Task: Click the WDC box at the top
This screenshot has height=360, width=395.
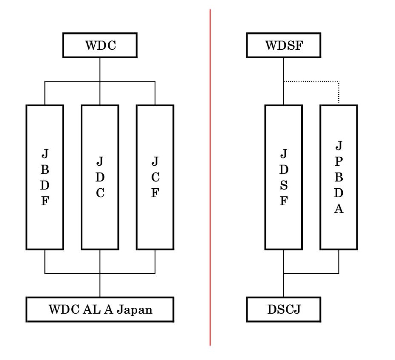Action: pyautogui.click(x=100, y=45)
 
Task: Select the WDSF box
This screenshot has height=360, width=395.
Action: pyautogui.click(x=283, y=45)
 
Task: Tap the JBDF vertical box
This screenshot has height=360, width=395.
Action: pyautogui.click(x=45, y=177)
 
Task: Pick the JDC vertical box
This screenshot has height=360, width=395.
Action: pyautogui.click(x=100, y=177)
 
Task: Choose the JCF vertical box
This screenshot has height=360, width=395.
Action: pyautogui.click(x=155, y=177)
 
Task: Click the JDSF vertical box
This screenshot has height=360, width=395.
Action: pyautogui.click(x=283, y=177)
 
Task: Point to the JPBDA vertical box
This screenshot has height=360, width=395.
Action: pyautogui.click(x=339, y=177)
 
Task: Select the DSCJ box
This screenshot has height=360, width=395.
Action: pyautogui.click(x=283, y=309)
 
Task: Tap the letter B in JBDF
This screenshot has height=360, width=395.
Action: pyautogui.click(x=45, y=169)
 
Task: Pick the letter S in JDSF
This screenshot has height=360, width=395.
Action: pyautogui.click(x=284, y=185)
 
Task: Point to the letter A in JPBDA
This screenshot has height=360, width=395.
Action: pyautogui.click(x=339, y=209)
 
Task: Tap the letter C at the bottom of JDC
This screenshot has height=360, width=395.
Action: pyautogui.click(x=100, y=193)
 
